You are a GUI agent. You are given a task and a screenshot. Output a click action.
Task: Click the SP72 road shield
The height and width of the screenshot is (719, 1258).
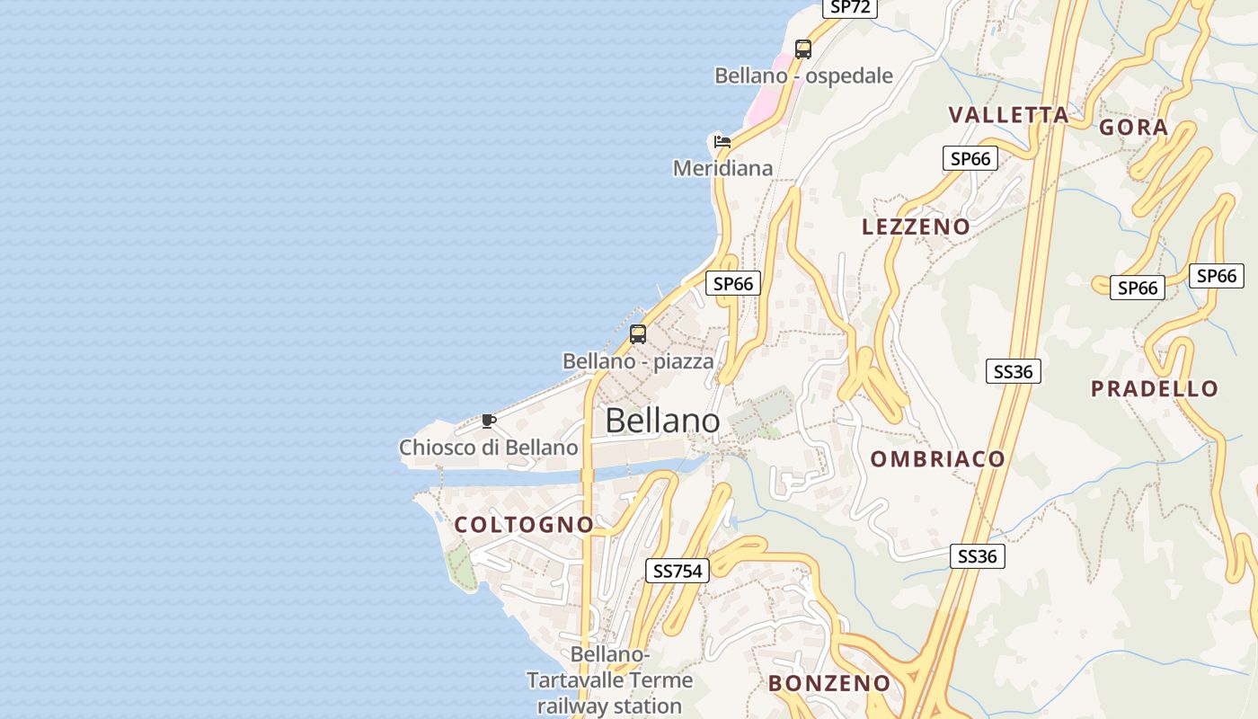click(x=849, y=7)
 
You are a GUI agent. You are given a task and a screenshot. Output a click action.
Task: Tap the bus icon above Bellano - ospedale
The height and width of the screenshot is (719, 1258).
click(x=803, y=49)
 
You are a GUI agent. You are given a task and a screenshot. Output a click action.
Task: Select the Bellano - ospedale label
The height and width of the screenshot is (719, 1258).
click(x=803, y=75)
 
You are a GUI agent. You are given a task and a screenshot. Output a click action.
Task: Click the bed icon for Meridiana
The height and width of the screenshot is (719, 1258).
click(x=722, y=141)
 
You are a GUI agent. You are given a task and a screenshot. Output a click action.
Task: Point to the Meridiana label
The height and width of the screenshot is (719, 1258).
click(x=722, y=168)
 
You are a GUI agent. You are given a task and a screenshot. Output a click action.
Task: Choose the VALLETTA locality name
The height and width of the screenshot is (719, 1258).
click(x=1009, y=115)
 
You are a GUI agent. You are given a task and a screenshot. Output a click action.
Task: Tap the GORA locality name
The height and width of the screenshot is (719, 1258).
click(x=1134, y=128)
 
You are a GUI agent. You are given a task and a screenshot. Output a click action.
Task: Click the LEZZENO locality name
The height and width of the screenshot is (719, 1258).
click(x=917, y=226)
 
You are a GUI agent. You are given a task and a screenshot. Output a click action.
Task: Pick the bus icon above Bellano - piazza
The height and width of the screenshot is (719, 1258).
click(x=638, y=334)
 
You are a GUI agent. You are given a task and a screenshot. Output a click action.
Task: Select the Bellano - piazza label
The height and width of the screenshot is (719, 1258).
click(x=638, y=361)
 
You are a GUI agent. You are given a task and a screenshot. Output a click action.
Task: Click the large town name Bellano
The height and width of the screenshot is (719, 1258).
click(x=662, y=421)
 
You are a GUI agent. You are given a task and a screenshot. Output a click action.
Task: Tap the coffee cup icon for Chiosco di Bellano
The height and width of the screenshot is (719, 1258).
click(x=488, y=421)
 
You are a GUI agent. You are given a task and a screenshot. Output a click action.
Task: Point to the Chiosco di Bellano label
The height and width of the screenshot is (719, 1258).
click(x=488, y=447)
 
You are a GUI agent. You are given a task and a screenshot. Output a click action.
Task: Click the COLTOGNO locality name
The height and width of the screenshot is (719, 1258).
click(x=524, y=525)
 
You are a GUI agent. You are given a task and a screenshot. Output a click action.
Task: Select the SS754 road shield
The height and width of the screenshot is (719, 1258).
click(x=678, y=570)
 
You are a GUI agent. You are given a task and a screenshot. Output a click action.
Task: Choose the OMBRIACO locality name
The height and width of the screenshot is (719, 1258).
click(x=938, y=459)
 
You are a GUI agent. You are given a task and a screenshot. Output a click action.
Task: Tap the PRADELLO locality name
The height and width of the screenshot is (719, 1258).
click(x=1155, y=389)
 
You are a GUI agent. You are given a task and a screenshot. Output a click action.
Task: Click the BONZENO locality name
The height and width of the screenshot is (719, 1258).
click(x=829, y=683)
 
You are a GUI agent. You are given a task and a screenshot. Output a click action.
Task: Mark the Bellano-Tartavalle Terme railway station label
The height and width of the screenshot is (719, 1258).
click(x=610, y=680)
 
